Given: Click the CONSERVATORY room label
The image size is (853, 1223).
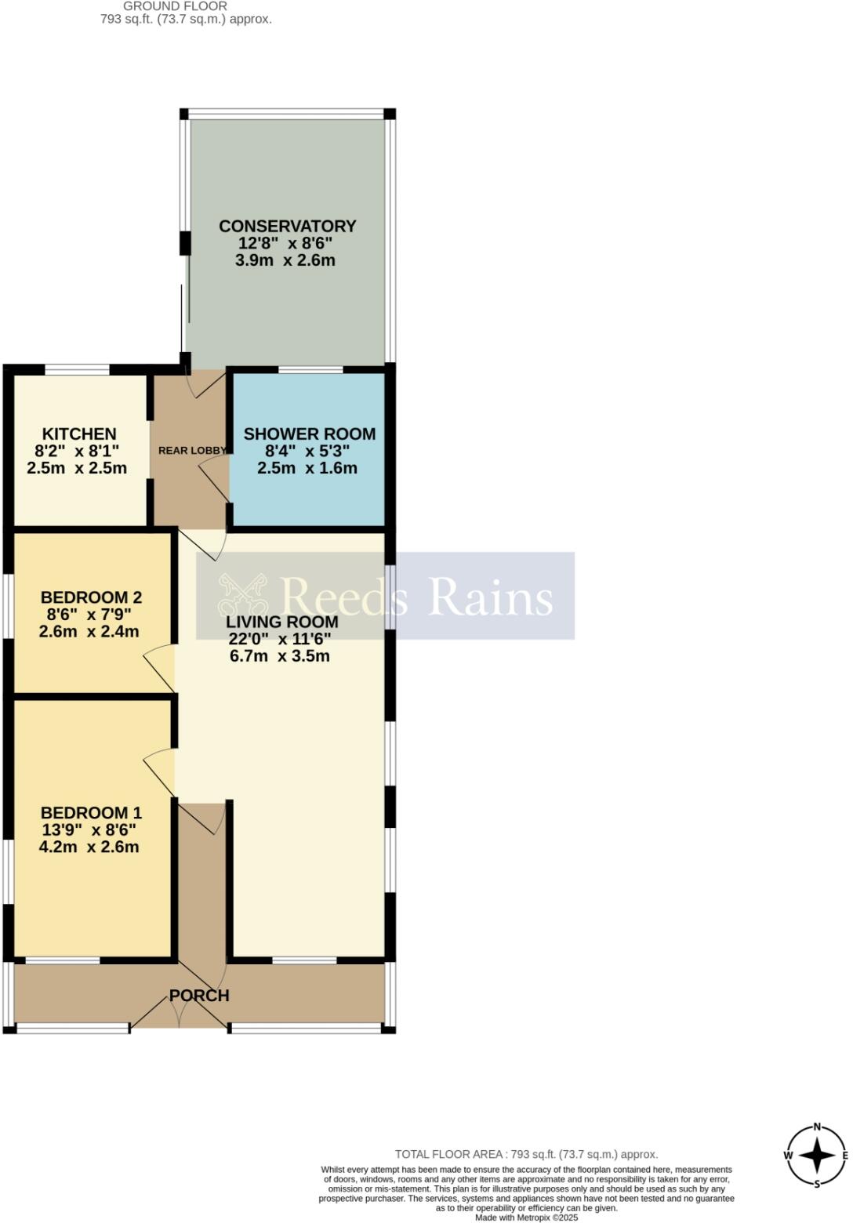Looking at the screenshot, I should tap(287, 226).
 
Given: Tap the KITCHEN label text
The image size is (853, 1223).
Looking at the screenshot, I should tap(78, 434).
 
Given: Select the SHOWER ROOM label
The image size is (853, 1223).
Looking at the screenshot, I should tap(309, 434).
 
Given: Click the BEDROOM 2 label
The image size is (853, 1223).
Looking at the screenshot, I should tap(91, 597).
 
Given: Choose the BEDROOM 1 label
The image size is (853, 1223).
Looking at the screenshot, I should tap(91, 813).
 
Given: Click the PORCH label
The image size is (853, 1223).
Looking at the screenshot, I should tap(199, 996).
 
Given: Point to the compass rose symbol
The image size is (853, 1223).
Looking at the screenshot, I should tap(817, 1156).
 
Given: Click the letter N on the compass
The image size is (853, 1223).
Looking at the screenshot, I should tap(817, 1127).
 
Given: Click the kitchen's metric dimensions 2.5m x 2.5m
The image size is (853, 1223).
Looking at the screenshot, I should tap(76, 469).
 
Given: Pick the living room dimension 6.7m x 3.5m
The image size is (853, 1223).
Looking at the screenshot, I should tap(279, 656).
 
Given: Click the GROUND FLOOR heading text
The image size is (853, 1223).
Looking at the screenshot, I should tap(175, 6).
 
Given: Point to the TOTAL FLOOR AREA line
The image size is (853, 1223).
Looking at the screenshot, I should tap(526, 1154).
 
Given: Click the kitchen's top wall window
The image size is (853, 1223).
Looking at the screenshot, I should tap(77, 369).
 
